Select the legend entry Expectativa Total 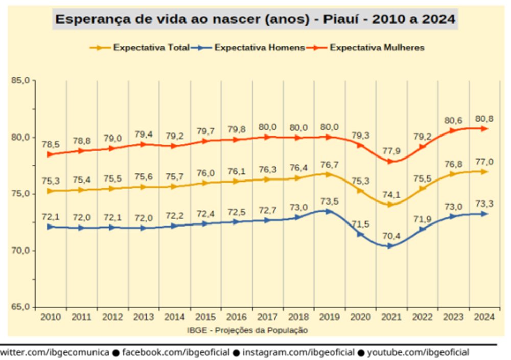tap(151, 48)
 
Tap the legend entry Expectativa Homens tap(260, 48)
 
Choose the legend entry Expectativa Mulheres tap(377, 48)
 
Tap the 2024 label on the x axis tap(484, 317)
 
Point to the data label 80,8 tap(483, 119)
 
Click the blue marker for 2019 tap(329, 211)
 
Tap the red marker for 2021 tap(390, 161)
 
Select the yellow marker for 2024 tap(484, 172)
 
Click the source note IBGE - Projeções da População tap(248, 330)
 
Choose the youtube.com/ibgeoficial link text tap(418, 352)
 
